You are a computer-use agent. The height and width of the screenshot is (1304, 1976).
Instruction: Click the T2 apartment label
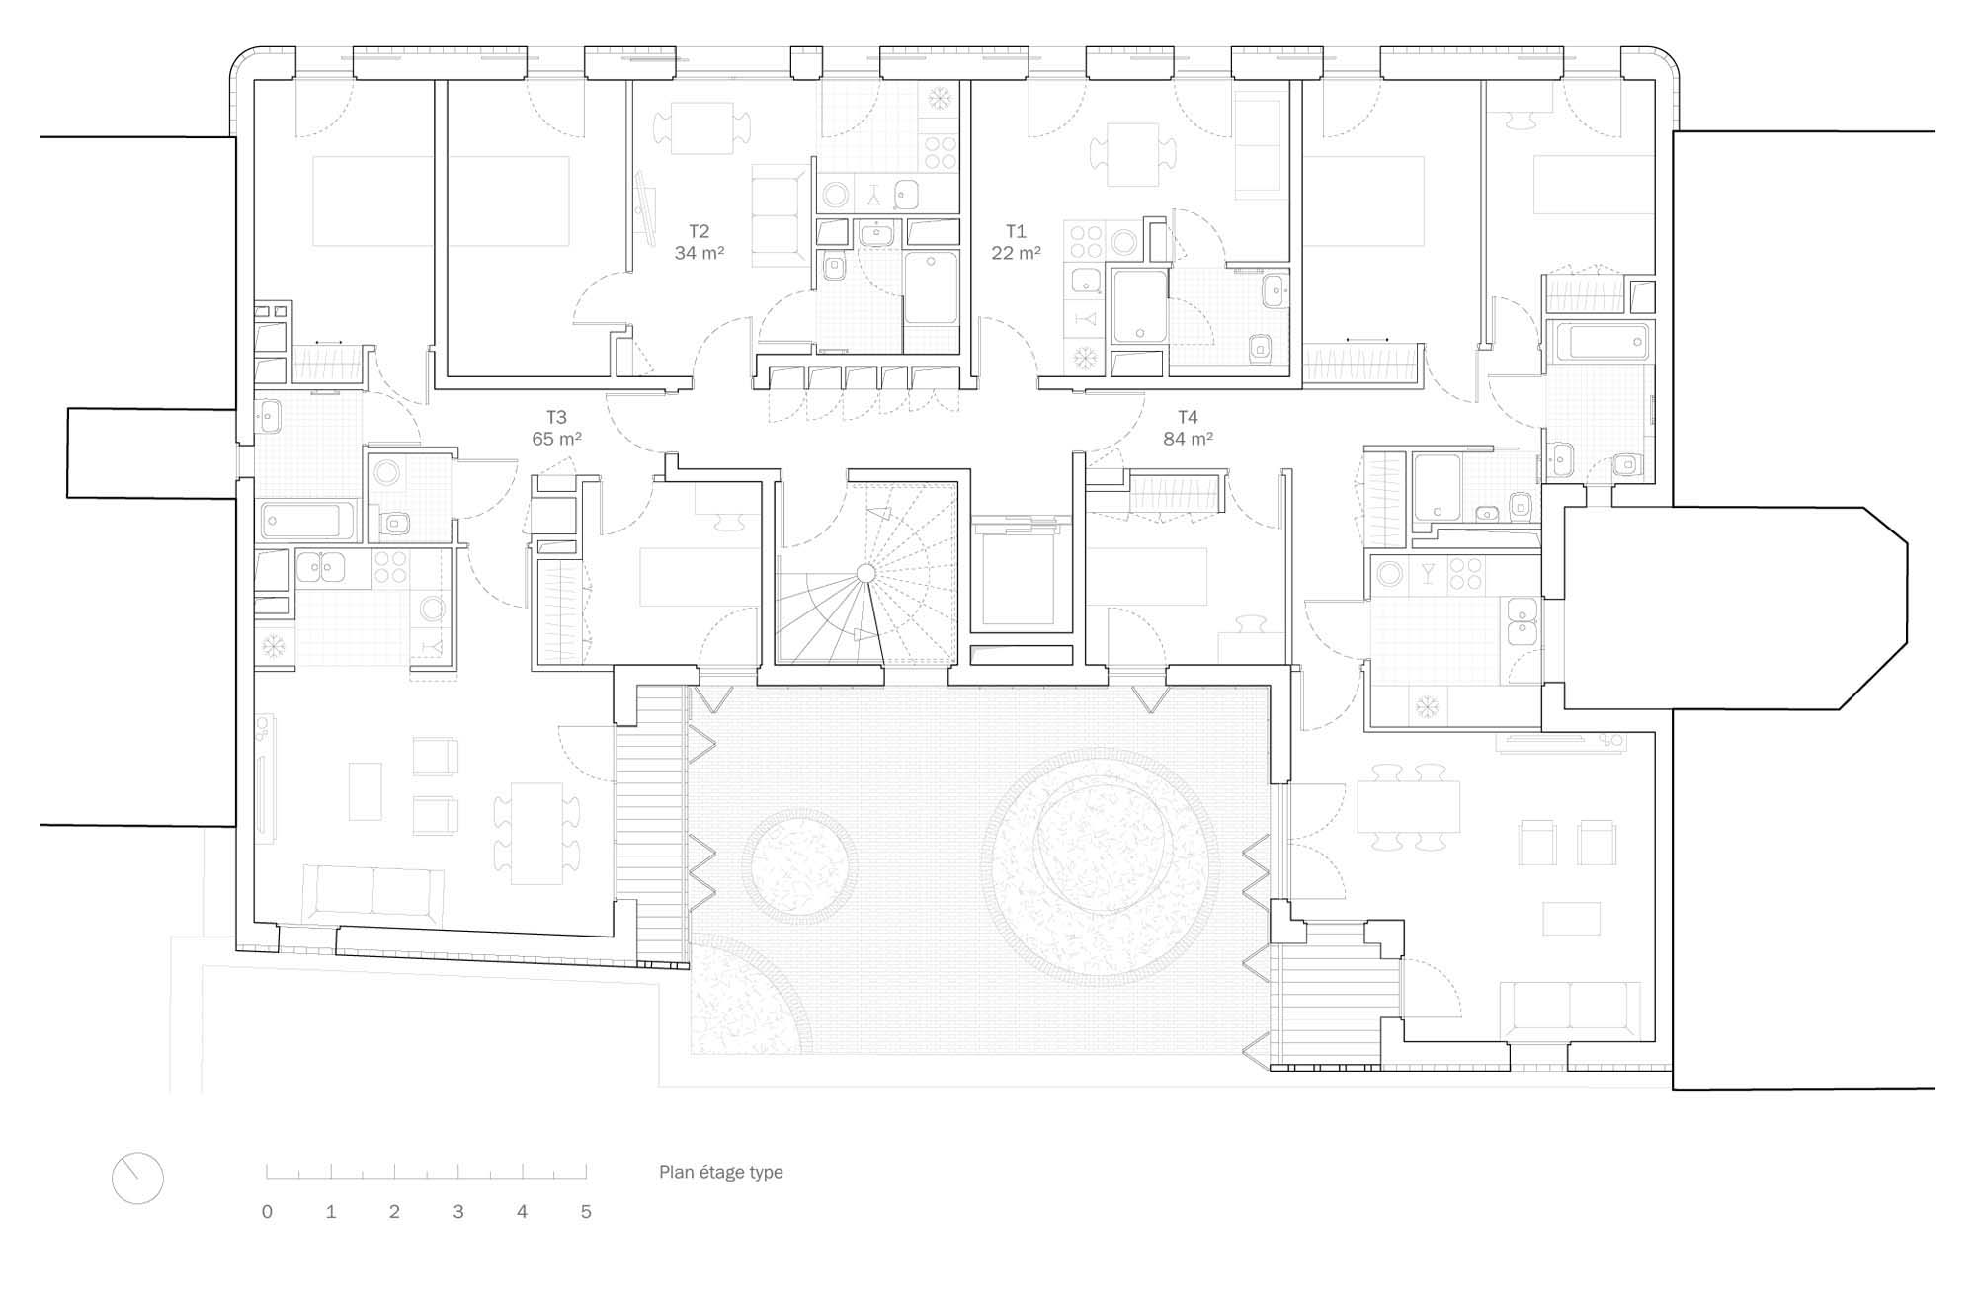[699, 231]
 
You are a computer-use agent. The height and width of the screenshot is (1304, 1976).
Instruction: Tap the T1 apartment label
[1016, 231]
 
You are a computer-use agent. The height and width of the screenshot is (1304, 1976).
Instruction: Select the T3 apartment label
[556, 417]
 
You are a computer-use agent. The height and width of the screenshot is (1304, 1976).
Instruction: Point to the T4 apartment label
[1188, 417]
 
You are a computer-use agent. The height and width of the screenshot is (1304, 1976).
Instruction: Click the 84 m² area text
[1188, 439]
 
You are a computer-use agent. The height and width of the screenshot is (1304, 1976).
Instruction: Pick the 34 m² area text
[700, 253]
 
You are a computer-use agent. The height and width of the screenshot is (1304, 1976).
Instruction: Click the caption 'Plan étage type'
[721, 1172]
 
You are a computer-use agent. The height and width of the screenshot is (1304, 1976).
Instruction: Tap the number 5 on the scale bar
[586, 1212]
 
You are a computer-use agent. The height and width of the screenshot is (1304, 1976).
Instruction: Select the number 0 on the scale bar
[267, 1212]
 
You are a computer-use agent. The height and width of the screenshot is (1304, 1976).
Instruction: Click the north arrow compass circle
[137, 1178]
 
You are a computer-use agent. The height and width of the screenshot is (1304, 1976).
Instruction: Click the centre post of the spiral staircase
[865, 573]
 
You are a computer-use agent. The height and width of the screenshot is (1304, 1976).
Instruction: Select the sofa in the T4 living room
[1570, 1012]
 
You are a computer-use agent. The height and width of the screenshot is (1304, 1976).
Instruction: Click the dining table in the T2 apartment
[702, 127]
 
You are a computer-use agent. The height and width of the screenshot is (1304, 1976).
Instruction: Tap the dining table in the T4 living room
[1408, 806]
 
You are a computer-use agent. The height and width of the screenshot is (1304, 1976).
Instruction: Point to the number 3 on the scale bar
[458, 1212]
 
